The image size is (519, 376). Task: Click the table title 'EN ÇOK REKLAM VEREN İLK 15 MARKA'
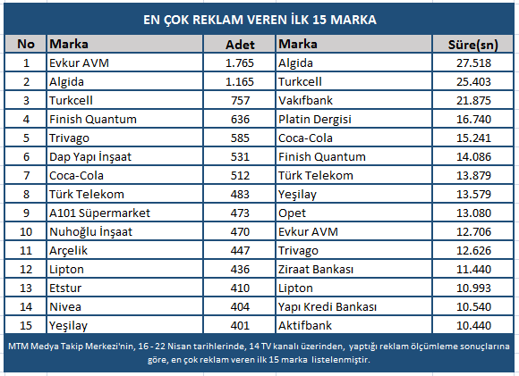click(x=259, y=20)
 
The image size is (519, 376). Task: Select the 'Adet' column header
click(x=240, y=45)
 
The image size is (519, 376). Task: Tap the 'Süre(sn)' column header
click(x=473, y=45)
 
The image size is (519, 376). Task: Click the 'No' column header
click(x=26, y=44)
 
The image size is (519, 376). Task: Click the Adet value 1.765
click(x=240, y=63)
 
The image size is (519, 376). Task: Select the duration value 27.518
click(x=473, y=63)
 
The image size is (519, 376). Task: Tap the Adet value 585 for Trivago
click(x=240, y=138)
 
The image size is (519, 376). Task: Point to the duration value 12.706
click(x=473, y=231)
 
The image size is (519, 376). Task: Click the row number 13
click(x=26, y=288)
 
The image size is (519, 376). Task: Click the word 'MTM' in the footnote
click(x=16, y=347)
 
